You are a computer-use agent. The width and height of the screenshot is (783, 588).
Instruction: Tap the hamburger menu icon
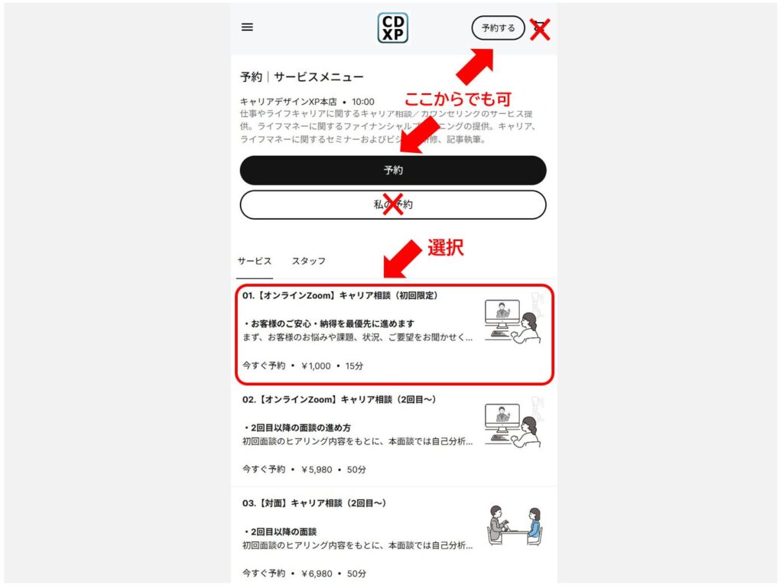pyautogui.click(x=247, y=27)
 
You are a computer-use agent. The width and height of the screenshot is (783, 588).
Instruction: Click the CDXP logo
pyautogui.click(x=393, y=28)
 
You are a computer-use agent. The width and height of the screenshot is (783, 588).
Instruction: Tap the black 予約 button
pyautogui.click(x=393, y=171)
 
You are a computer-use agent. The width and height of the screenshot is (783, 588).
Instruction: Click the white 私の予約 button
pyautogui.click(x=393, y=205)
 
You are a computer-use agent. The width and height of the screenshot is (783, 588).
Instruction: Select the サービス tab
pyautogui.click(x=255, y=261)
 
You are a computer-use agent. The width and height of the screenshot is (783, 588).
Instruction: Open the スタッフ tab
pyautogui.click(x=309, y=261)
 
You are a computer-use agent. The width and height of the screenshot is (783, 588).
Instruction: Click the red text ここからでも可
pyautogui.click(x=457, y=99)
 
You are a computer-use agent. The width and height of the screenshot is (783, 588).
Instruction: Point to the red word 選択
pyautogui.click(x=446, y=248)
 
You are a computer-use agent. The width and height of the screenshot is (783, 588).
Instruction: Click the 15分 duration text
pyautogui.click(x=355, y=366)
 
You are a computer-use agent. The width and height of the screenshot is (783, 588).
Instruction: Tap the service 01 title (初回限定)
pyautogui.click(x=340, y=295)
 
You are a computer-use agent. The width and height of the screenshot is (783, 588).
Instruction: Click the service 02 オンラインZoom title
pyautogui.click(x=340, y=399)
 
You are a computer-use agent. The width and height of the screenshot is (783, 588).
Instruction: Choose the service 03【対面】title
pyautogui.click(x=314, y=503)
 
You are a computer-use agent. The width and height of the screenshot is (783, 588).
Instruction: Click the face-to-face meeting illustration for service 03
pyautogui.click(x=514, y=525)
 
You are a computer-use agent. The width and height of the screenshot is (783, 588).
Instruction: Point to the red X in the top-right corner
pyautogui.click(x=541, y=30)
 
